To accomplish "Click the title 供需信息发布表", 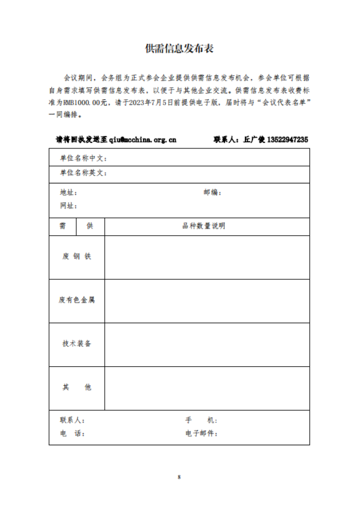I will tap(179, 49).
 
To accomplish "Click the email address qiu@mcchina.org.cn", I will tap(142, 140).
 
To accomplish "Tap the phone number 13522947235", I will tap(287, 140).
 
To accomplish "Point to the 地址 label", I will tap(68, 193).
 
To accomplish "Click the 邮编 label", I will tap(212, 193).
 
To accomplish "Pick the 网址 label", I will tap(68, 206).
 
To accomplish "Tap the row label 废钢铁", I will tap(76, 256).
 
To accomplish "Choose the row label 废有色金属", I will tap(76, 300).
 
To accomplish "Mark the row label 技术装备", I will tap(76, 344).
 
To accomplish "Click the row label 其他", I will tap(76, 387).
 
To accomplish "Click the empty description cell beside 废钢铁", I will tap(207, 257).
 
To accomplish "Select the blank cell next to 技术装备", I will tap(207, 344).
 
